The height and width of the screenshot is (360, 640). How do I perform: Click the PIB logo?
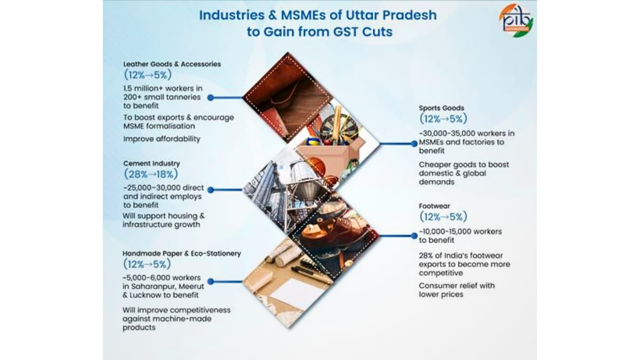tap(516, 21)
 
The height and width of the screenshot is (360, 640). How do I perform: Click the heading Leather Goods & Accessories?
tap(172, 64)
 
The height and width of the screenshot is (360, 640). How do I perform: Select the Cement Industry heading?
tap(151, 163)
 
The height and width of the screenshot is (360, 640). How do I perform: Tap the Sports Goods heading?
tap(441, 108)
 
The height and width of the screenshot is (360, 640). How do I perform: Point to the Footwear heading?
tap(434, 206)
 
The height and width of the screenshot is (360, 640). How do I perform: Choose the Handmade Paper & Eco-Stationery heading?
tap(182, 254)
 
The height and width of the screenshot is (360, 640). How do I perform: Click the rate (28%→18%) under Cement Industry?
tap(150, 174)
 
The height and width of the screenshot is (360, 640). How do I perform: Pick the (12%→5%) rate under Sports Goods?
tap(443, 118)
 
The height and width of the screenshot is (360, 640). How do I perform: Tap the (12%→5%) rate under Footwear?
tap(443, 217)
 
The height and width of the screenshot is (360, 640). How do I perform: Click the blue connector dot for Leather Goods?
tap(211, 98)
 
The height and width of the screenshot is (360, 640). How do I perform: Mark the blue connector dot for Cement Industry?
tap(211, 190)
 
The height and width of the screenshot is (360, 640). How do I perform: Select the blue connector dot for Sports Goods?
tap(414, 143)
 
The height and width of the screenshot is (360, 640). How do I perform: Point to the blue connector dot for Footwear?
tap(414, 236)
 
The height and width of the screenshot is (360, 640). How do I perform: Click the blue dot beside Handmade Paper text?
tap(211, 282)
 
